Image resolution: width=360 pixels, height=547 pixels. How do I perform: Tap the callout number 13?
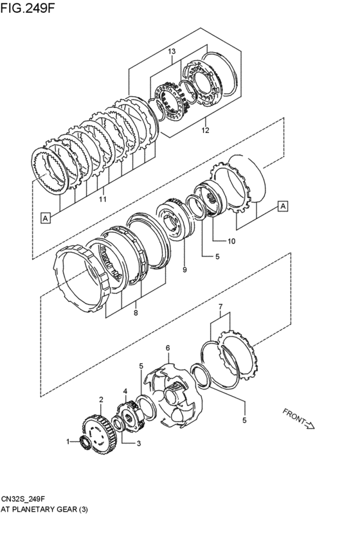[x=172, y=51]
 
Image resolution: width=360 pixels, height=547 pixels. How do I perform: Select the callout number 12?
[x=206, y=130]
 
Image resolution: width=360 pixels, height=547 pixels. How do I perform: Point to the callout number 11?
[x=102, y=200]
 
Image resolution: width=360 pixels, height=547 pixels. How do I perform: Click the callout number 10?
[x=232, y=241]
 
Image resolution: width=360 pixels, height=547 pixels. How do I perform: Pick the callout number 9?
[x=184, y=270]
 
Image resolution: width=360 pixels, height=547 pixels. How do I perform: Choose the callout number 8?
[x=135, y=313]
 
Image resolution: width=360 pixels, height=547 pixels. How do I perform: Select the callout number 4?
[x=125, y=390]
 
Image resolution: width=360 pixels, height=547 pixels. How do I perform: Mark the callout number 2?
[x=101, y=399]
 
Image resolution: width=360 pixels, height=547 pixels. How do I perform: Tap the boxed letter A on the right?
[x=282, y=206]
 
